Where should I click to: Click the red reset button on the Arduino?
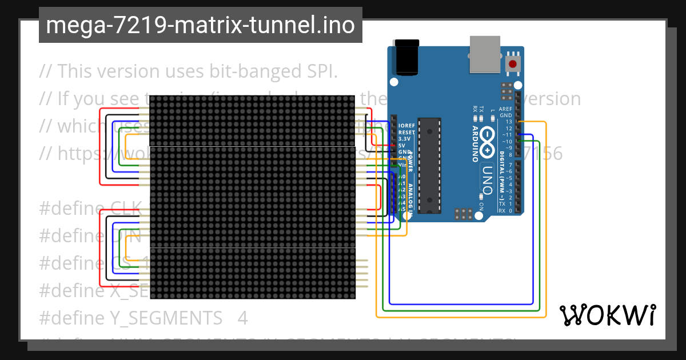(x=513, y=63)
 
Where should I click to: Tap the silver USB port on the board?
(x=484, y=55)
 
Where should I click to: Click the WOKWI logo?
(x=607, y=315)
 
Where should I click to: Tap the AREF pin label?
(x=506, y=109)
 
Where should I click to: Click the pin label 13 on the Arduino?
(x=508, y=122)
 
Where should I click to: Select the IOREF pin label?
(x=406, y=126)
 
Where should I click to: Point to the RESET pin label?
(x=406, y=132)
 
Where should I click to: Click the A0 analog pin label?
(x=402, y=177)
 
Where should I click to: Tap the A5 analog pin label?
(x=402, y=209)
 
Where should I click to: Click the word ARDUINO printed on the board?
(x=474, y=143)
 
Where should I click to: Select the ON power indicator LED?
(x=481, y=199)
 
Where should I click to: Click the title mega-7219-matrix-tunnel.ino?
(x=200, y=25)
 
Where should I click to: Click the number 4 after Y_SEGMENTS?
(x=242, y=318)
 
